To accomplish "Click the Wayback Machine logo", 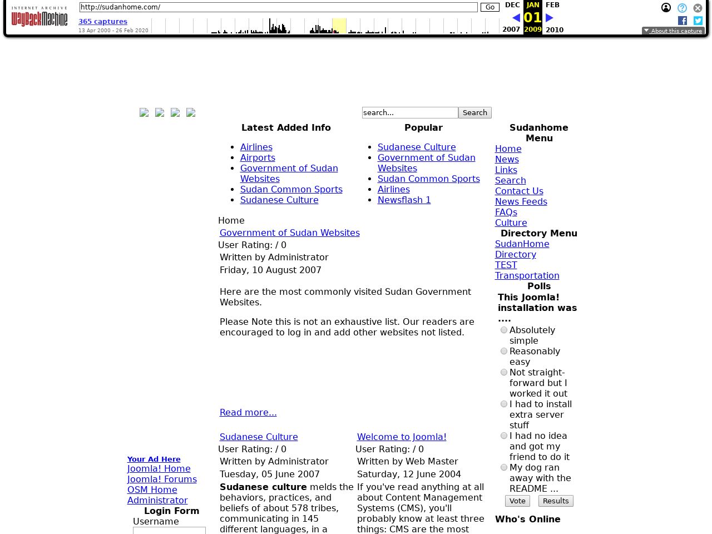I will (39, 17).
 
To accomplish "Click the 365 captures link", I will (103, 22).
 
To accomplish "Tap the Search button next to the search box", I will (474, 112).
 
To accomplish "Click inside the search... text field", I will (409, 112).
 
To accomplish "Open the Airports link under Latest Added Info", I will (258, 157).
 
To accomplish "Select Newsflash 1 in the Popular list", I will (404, 200).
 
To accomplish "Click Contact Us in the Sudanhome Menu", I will (519, 191).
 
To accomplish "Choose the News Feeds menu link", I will (521, 201).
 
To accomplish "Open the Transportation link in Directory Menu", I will (527, 275).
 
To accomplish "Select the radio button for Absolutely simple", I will (504, 330).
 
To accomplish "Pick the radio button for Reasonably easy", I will (504, 351).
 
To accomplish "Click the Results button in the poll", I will (555, 501).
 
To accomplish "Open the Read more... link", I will (248, 412).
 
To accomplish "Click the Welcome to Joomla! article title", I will (402, 437).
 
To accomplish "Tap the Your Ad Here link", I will (154, 459).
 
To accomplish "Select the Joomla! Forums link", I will (162, 479).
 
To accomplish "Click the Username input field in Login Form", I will (169, 530).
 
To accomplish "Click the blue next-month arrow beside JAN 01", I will (550, 18).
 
